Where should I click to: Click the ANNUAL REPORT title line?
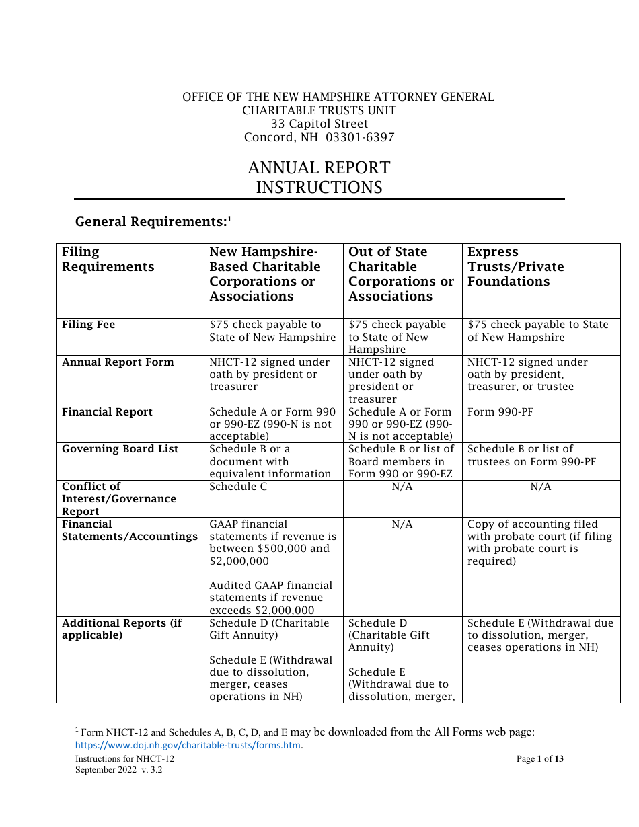coord(319,168)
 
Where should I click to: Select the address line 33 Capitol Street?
coord(319,124)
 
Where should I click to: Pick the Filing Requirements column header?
coord(108,260)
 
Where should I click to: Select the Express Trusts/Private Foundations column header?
coord(515,267)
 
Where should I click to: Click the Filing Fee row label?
coord(88,325)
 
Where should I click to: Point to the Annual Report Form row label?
coord(118,362)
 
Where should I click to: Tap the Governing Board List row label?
coord(120,449)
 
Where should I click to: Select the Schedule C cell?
coord(238,487)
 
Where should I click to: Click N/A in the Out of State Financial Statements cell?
coord(402,524)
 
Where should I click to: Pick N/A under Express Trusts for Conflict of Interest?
coord(541,487)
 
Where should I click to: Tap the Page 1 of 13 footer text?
coord(539,759)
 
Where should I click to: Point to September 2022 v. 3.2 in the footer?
coord(118,771)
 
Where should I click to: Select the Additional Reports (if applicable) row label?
coord(122,629)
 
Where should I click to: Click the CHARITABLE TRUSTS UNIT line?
coord(319,110)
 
